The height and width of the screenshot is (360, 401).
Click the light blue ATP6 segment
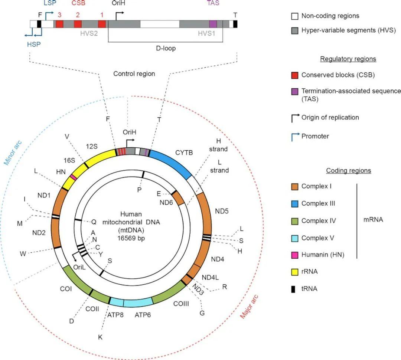tap(137, 302)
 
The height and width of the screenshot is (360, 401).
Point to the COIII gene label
tap(181, 304)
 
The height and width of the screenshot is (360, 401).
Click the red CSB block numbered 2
tap(78, 24)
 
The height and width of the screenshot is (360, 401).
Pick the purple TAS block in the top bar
tap(213, 24)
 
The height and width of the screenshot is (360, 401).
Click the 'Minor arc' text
tap(12, 153)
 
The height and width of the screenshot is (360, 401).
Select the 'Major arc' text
tap(250, 307)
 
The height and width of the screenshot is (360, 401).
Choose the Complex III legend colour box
tap(295, 204)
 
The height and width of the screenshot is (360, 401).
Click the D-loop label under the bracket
tap(165, 48)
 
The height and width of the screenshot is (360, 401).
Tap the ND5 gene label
tap(222, 211)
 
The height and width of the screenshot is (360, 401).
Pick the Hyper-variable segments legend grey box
tap(295, 30)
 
